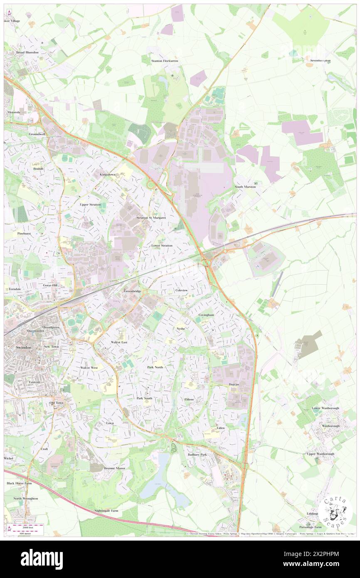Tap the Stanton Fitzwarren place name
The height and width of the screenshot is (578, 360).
click(x=165, y=61)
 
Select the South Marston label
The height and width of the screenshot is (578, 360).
click(x=245, y=187)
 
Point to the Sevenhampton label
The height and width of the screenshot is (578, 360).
click(x=320, y=61)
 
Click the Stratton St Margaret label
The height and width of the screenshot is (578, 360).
click(x=151, y=217)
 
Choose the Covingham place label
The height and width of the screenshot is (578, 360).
click(x=206, y=315)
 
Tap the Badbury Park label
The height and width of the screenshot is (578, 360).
click(x=197, y=454)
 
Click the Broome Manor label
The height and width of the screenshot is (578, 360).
click(x=114, y=468)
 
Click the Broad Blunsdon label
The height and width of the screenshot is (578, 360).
click(x=27, y=52)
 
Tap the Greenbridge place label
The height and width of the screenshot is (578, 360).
click(x=133, y=291)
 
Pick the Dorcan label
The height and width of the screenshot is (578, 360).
click(x=234, y=384)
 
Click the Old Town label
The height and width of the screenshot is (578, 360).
click(x=57, y=403)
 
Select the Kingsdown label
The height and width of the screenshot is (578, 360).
click(x=107, y=175)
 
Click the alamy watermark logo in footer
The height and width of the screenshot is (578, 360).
click(x=42, y=559)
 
